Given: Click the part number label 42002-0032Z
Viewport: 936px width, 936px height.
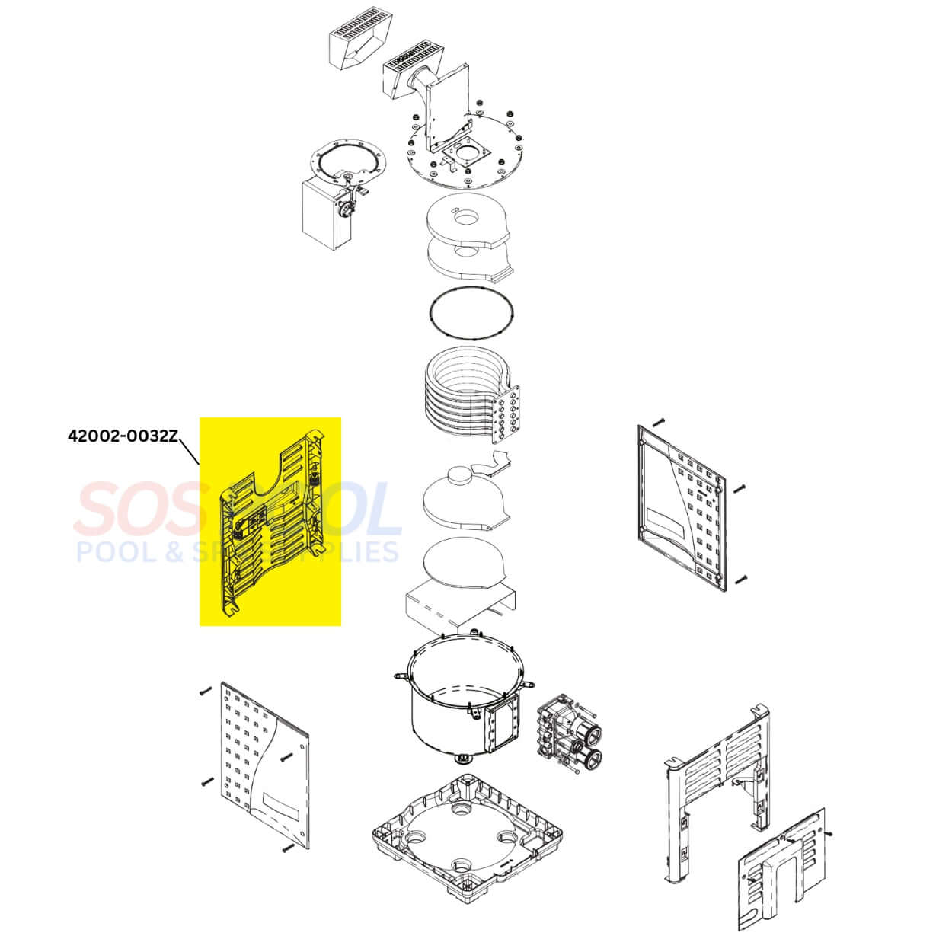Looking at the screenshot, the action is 123,436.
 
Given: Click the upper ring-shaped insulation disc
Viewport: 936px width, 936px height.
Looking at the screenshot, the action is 468,222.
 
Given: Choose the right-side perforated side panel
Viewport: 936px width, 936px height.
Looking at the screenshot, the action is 681,507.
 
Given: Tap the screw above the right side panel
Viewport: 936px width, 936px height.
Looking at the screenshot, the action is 658,422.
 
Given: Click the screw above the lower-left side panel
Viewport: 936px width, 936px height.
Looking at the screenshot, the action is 206,690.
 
